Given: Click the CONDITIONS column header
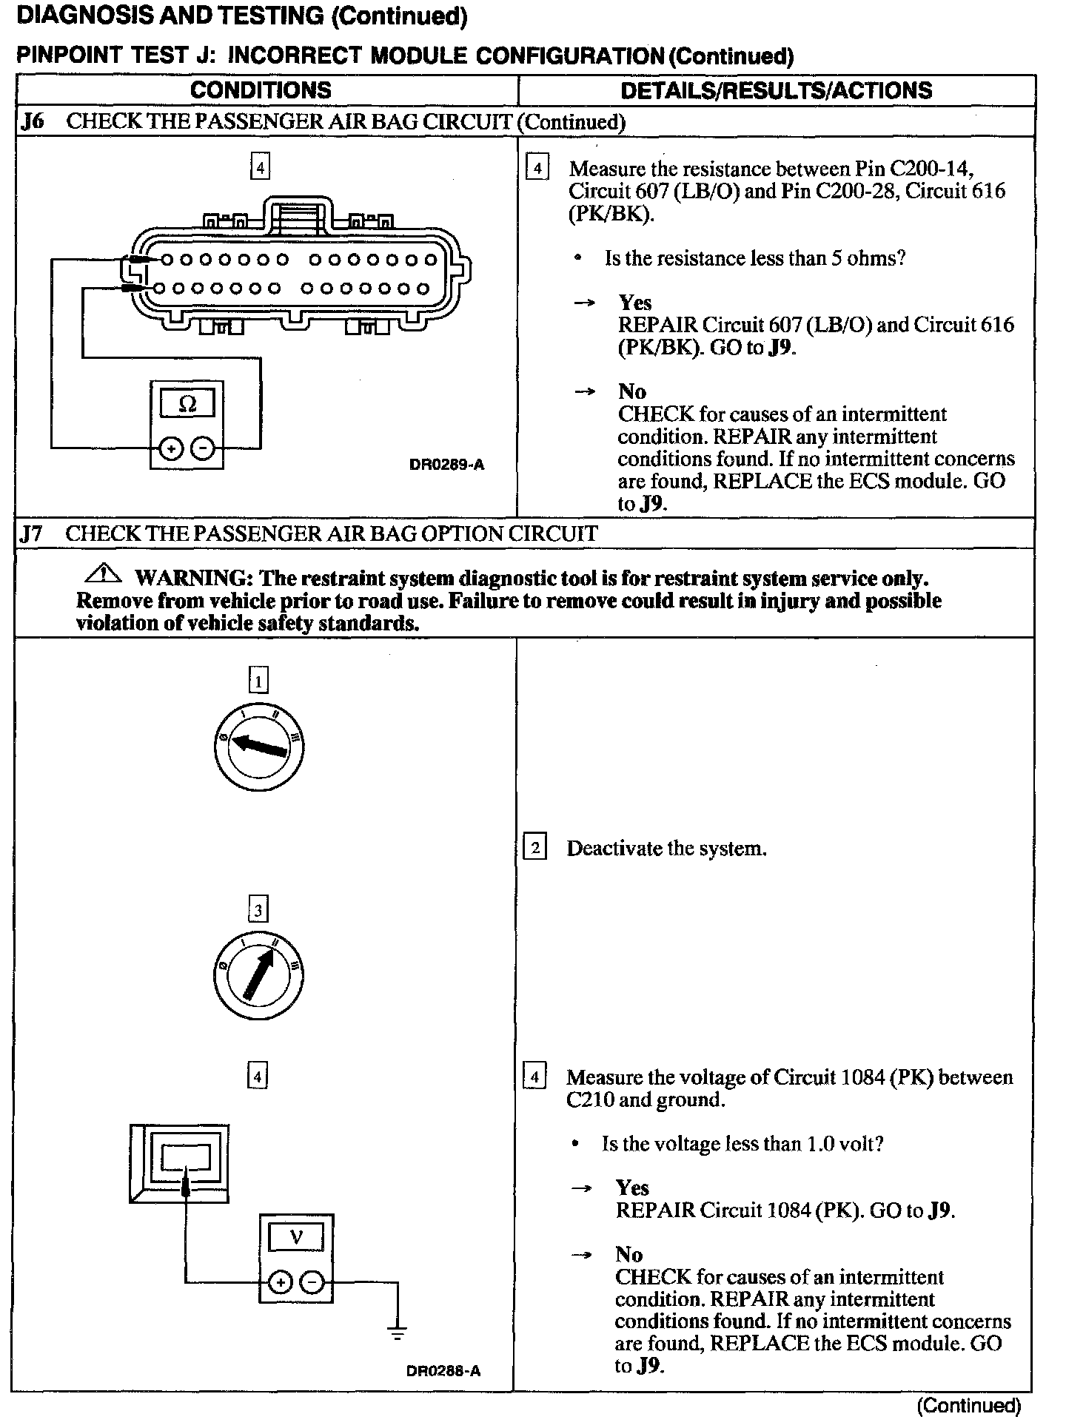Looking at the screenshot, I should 261,90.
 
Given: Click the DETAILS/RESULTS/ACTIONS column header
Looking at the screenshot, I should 776,90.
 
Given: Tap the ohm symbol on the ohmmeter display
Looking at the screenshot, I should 187,404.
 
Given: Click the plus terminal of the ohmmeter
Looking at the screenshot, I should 171,448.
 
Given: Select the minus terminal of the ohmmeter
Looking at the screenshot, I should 203,448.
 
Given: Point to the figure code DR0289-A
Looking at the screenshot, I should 446,465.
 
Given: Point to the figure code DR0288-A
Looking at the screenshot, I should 443,1370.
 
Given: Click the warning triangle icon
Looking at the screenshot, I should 104,573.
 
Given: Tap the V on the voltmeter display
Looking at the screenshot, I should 296,1236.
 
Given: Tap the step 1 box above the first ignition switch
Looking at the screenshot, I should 258,680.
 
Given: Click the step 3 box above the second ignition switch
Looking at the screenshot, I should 258,909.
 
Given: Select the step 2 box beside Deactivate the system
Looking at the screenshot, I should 534,848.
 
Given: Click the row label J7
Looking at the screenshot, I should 32,533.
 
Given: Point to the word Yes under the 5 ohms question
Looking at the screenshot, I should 635,303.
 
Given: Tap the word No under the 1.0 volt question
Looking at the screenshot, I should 629,1254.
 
